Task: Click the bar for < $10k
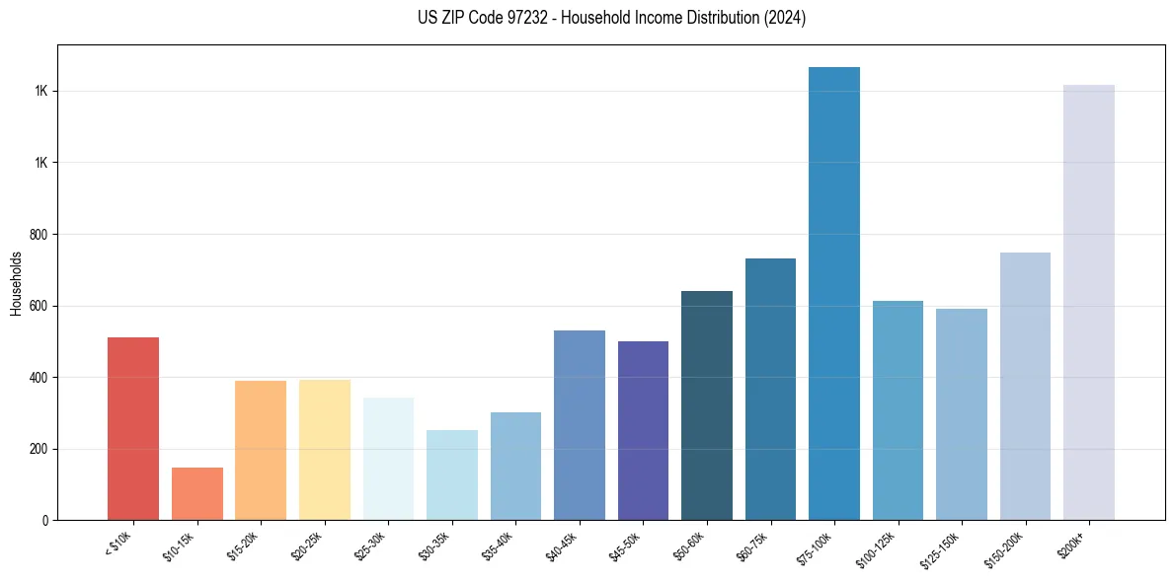[x=133, y=428]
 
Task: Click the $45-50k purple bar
[x=643, y=430]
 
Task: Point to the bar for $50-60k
[x=707, y=405]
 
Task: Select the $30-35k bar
[x=452, y=474]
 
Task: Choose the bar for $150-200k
[x=1025, y=386]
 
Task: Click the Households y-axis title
[x=16, y=283]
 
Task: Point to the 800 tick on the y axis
[x=40, y=235]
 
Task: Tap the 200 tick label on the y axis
[x=40, y=449]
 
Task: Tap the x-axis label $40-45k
[x=561, y=546]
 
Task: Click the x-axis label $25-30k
[x=370, y=546]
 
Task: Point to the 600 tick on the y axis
[x=40, y=306]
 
